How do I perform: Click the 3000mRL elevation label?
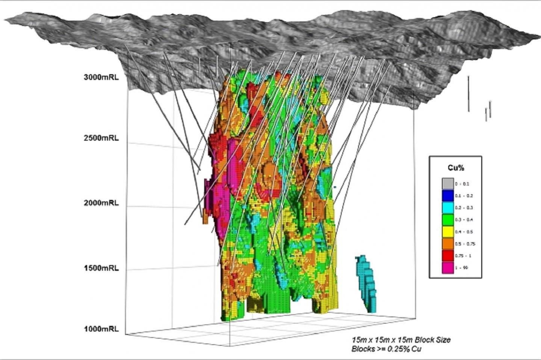tap(101, 77)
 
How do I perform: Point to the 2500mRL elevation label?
tap(101, 138)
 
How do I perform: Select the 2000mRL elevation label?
tap(101, 203)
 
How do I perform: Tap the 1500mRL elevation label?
tap(101, 268)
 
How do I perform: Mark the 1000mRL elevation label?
tap(101, 329)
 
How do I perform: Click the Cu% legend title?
tap(455, 168)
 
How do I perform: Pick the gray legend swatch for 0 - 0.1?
tap(447, 184)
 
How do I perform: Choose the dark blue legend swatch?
tap(447, 196)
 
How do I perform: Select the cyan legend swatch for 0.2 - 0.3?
tap(447, 208)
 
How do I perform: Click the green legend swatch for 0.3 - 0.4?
tap(447, 220)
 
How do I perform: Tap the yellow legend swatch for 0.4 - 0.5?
tap(447, 232)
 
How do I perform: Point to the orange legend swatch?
tap(447, 244)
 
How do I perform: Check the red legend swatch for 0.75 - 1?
tap(447, 256)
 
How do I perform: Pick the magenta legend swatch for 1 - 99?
tap(447, 268)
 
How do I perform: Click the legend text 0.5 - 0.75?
tap(465, 244)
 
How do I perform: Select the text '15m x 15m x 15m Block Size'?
tap(401, 340)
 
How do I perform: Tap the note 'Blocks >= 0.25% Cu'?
tap(386, 349)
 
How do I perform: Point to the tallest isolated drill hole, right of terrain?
tap(468, 94)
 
